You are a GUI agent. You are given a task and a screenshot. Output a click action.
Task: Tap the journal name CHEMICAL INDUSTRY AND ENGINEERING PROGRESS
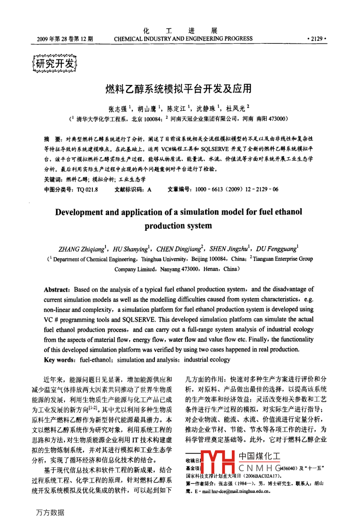pos(183,39)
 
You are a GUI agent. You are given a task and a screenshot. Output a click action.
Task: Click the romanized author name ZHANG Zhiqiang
pos(81,249)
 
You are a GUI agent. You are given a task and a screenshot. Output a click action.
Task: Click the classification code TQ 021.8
pos(87,190)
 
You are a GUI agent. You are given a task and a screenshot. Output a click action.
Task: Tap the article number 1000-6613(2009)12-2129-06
pos(237,190)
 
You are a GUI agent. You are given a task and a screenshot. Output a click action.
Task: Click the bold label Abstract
pos(57,289)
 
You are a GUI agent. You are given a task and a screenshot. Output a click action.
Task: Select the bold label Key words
pos(60,359)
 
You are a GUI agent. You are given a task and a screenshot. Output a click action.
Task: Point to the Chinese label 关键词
pos(53,179)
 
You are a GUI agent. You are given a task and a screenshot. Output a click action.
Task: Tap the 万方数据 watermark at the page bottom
pos(50,513)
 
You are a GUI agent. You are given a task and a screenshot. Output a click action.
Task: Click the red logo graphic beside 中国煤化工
pos(217,464)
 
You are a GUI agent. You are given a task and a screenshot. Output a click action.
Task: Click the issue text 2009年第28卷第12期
pos(65,39)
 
